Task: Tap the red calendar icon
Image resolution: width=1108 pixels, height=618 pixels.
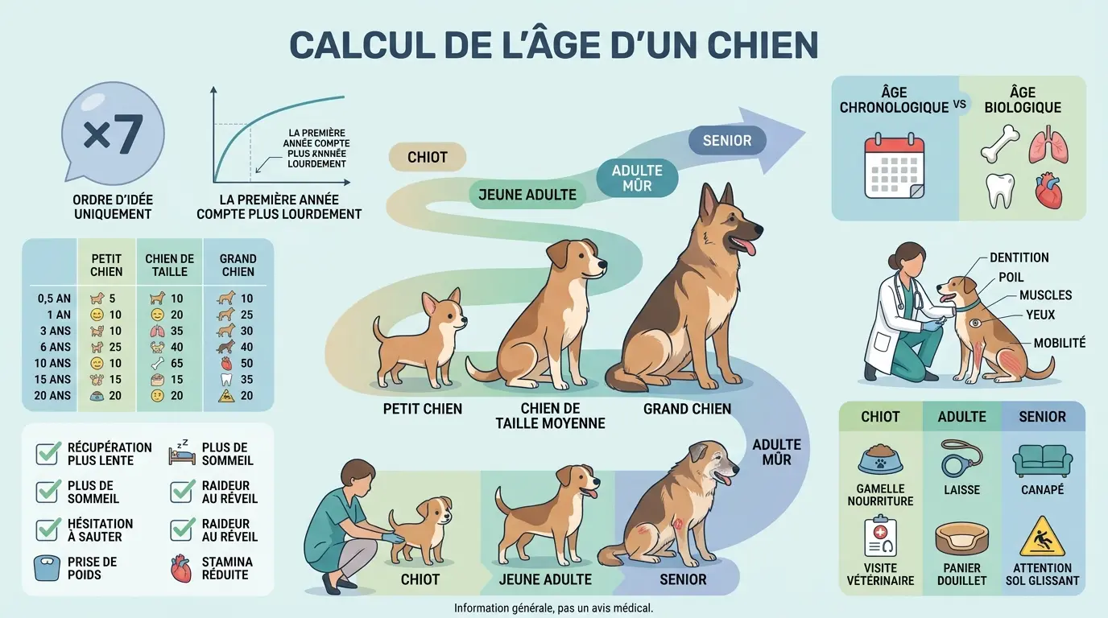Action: tap(894, 167)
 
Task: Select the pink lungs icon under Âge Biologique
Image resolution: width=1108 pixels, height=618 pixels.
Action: tap(1048, 144)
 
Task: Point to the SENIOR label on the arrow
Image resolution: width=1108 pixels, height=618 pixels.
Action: tap(727, 141)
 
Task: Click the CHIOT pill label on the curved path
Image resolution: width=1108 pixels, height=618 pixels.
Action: tap(427, 157)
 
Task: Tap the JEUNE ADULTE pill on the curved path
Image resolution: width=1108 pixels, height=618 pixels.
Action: tap(527, 194)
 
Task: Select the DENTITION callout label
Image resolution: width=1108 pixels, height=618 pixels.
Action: tap(1019, 257)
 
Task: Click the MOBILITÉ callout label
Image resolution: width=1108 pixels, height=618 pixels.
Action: tap(1059, 343)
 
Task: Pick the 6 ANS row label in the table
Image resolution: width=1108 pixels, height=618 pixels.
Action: tap(54, 347)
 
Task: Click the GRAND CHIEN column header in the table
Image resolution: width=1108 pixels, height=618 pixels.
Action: tap(238, 265)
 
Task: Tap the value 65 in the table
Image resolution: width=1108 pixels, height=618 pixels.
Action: tap(176, 363)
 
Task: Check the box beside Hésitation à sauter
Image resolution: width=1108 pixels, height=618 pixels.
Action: tap(48, 529)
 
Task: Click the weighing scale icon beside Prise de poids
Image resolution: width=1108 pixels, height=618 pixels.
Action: tap(48, 568)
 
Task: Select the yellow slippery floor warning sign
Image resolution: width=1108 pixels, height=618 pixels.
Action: tap(1042, 537)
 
